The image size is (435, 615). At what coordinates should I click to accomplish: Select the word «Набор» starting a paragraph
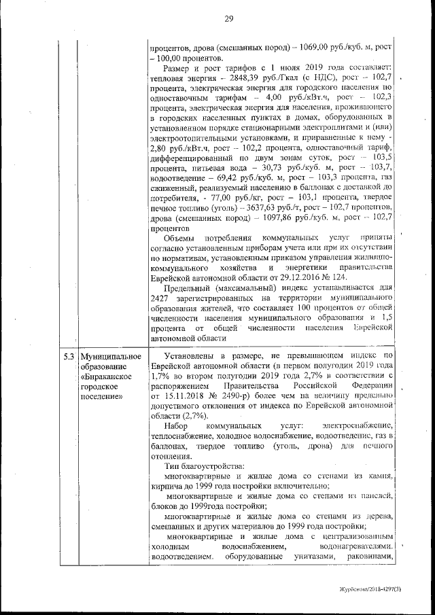(179, 425)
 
